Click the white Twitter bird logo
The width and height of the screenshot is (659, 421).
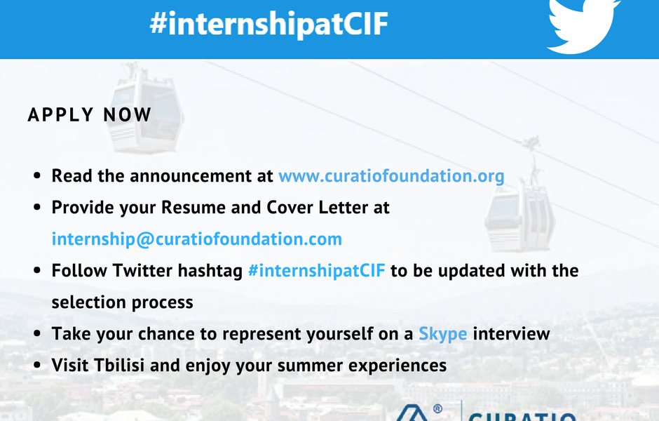pyautogui.click(x=582, y=26)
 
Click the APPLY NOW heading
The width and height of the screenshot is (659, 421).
pyautogui.click(x=90, y=115)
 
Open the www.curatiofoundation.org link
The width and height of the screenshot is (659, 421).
pyautogui.click(x=391, y=176)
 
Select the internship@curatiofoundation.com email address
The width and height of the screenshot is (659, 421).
pyautogui.click(x=197, y=239)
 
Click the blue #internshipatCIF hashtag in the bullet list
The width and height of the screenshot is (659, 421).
pyautogui.click(x=316, y=270)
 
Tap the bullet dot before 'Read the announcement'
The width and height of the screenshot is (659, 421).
pyautogui.click(x=37, y=176)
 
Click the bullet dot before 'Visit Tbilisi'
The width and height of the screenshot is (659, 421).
pyautogui.click(x=37, y=365)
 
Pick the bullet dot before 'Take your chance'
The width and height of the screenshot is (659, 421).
pyautogui.click(x=37, y=333)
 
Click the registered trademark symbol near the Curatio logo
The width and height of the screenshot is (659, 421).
pyautogui.click(x=437, y=409)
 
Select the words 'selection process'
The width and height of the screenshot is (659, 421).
pyautogui.click(x=122, y=302)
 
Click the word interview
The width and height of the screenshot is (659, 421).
pyautogui.click(x=512, y=333)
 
